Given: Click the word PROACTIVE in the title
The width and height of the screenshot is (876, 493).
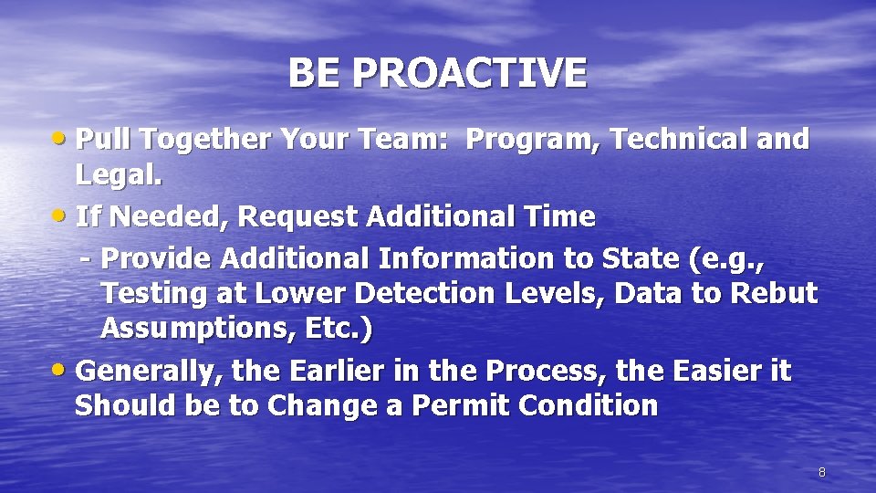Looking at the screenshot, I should click(470, 73).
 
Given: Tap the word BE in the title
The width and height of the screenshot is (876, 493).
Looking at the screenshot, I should click(316, 73).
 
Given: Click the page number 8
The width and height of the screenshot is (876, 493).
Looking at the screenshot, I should click(821, 472).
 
